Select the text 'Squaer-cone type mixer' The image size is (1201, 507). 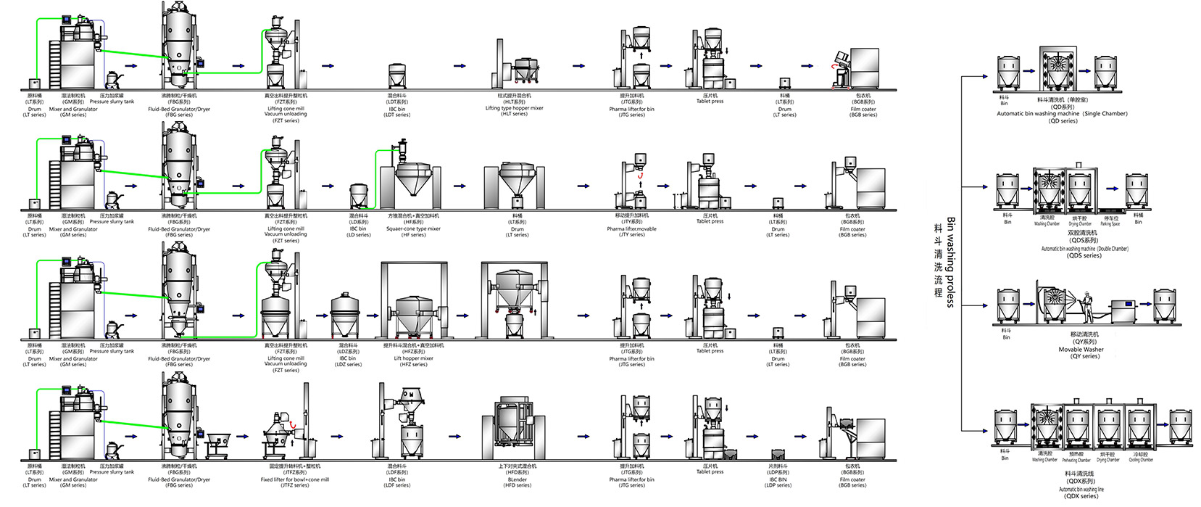(x=414, y=228)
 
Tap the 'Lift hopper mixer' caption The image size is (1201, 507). (x=413, y=358)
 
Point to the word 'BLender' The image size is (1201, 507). (x=518, y=479)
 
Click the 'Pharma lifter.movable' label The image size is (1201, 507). (x=632, y=228)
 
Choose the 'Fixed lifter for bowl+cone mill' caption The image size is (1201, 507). (x=295, y=479)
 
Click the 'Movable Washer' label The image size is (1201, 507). (x=1081, y=350)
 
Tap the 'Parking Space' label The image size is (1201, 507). (x=1110, y=223)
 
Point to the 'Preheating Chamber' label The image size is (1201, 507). (x=1076, y=460)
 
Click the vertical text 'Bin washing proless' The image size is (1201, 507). (x=950, y=261)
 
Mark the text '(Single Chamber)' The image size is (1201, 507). (x=1105, y=114)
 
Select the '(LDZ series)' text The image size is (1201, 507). (x=348, y=364)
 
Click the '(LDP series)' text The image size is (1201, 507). (x=778, y=485)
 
